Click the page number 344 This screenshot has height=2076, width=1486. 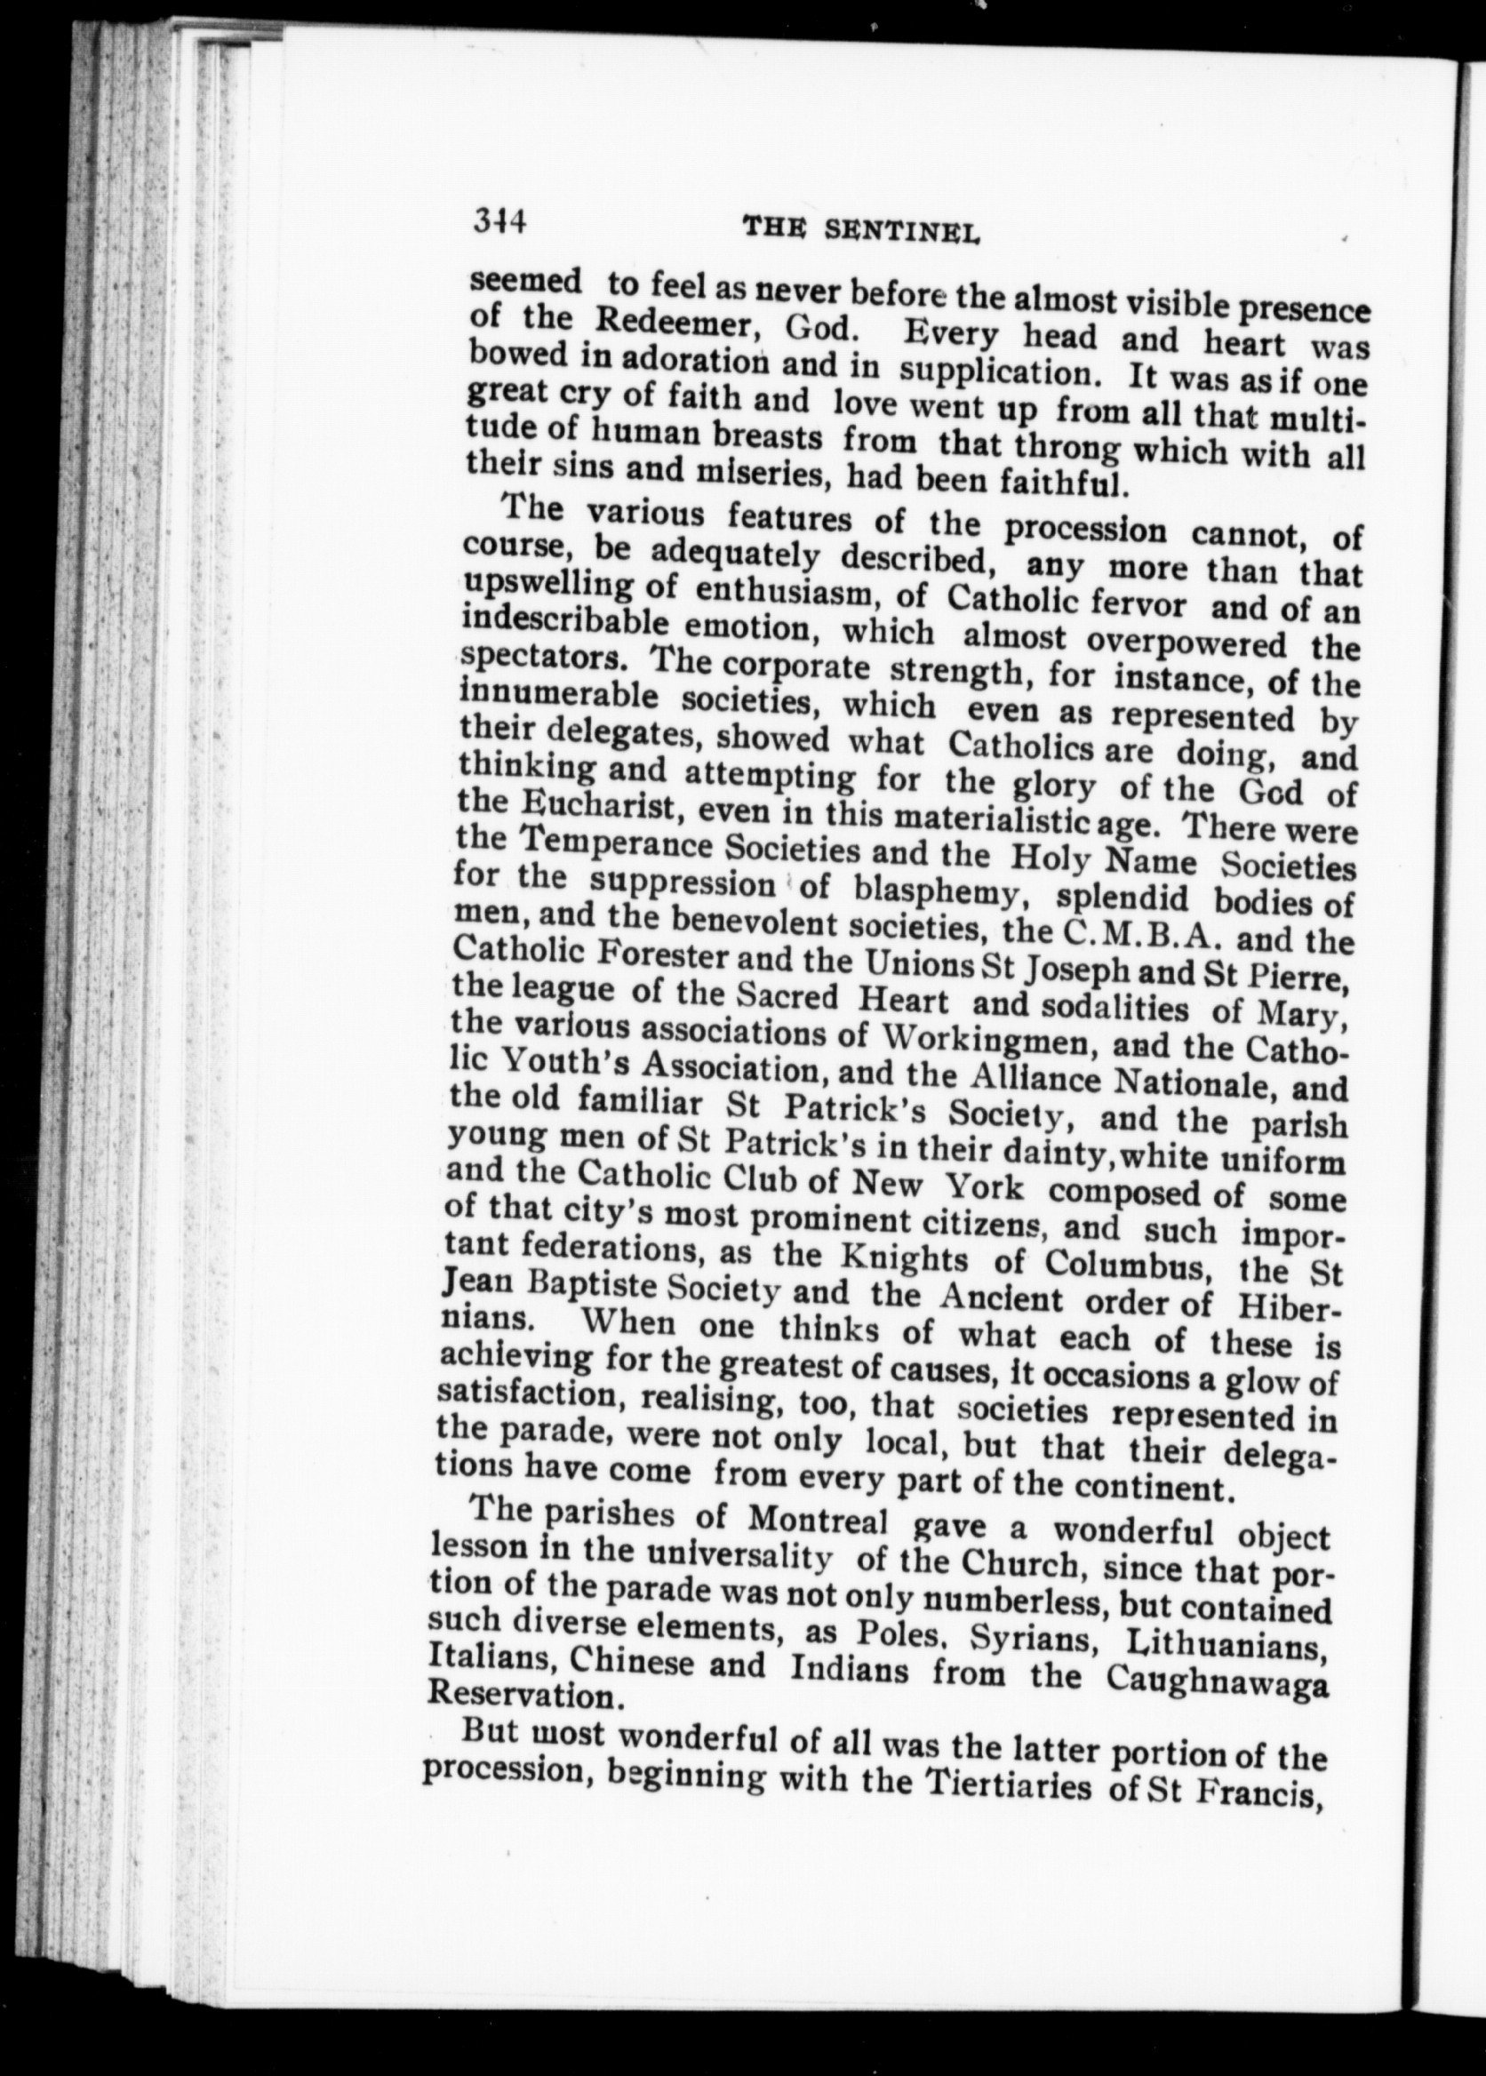pos(498,222)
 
